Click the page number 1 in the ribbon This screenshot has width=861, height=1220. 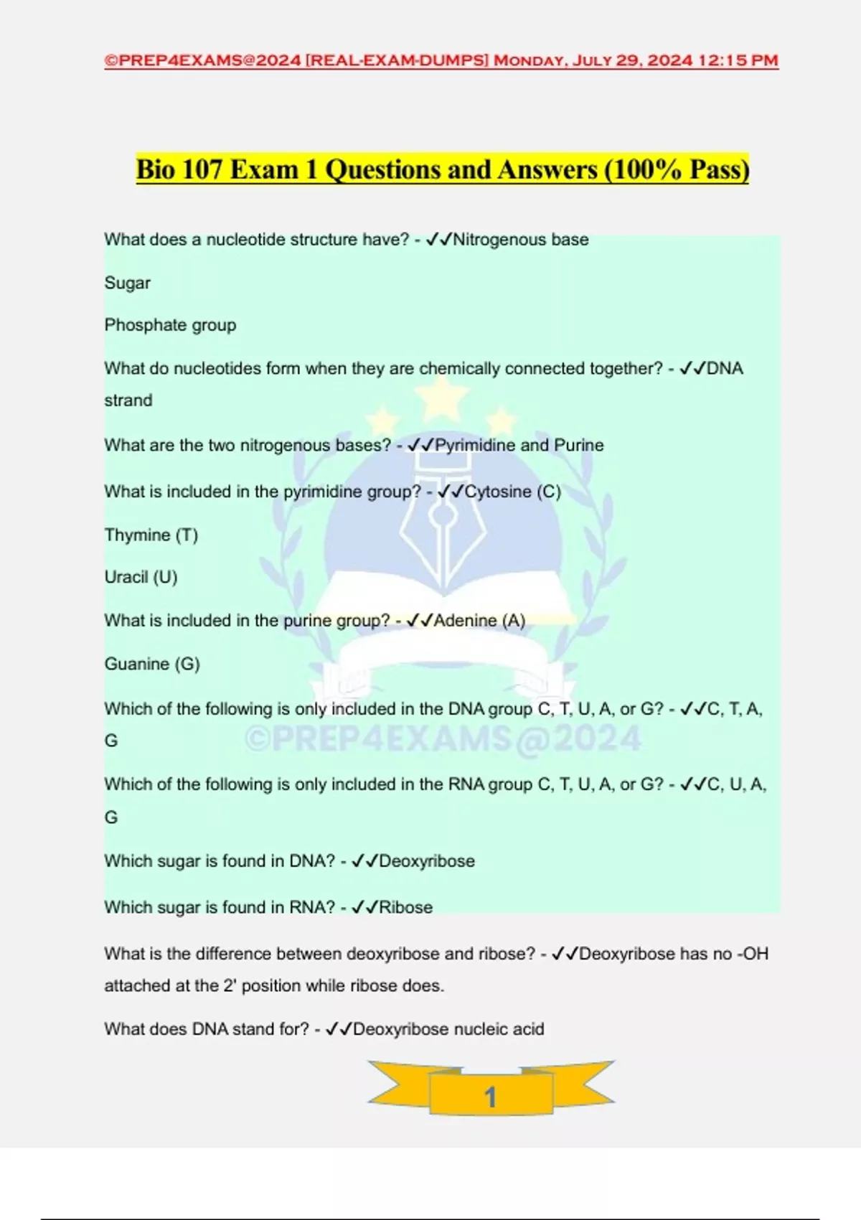[x=491, y=1097]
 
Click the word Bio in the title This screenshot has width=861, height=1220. [x=156, y=170]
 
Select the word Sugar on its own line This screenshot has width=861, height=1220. [x=127, y=283]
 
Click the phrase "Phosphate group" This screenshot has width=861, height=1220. [x=170, y=325]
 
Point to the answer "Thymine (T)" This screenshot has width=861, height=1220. [x=151, y=535]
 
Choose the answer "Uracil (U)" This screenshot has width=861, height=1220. [x=141, y=577]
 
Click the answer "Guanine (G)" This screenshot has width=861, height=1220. [x=152, y=664]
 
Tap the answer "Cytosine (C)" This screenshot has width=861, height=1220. [x=513, y=492]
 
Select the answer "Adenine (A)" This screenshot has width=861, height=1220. [x=480, y=621]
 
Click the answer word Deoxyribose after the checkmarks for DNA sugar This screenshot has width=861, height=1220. [x=427, y=861]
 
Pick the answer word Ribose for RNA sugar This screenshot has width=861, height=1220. [x=405, y=907]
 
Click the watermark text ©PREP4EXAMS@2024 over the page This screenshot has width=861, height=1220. [x=443, y=739]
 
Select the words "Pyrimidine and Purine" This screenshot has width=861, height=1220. [x=519, y=445]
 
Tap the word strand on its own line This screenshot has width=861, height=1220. [x=128, y=400]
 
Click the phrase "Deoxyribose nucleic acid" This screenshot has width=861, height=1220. [x=448, y=1029]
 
